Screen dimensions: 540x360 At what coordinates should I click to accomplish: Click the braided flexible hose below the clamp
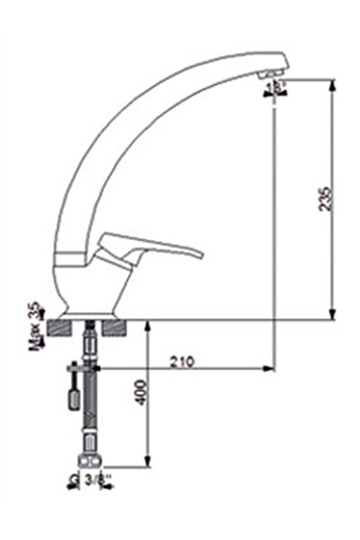pos(90,413)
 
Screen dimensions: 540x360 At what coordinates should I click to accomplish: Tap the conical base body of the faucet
pos(91,288)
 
